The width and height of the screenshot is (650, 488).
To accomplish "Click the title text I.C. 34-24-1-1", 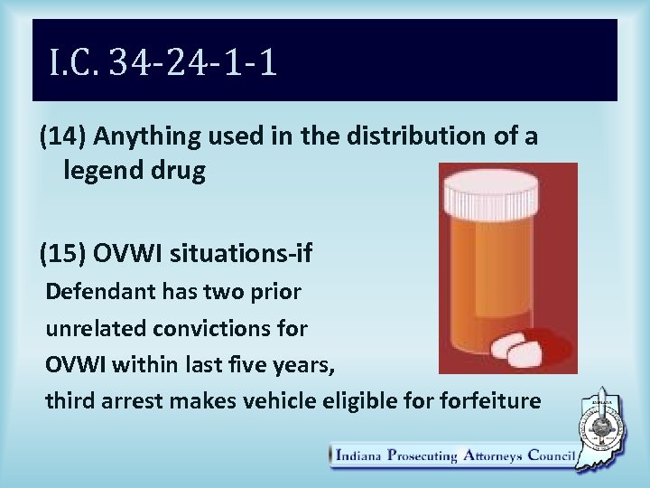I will pyautogui.click(x=163, y=64).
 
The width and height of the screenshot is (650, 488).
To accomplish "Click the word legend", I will pyautogui.click(x=100, y=171).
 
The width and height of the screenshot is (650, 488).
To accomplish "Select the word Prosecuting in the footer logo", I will pyautogui.click(x=422, y=455).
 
